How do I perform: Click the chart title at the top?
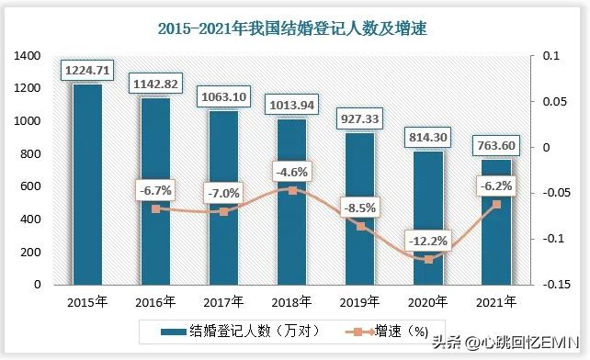[293, 28]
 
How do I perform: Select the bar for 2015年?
[87, 184]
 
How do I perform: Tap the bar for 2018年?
[292, 202]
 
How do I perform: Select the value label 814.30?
[429, 137]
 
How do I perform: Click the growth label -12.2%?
[429, 242]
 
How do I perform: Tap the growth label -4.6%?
[292, 172]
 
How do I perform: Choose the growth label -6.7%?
[156, 190]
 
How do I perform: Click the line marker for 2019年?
[361, 226]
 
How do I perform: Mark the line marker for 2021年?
[497, 205]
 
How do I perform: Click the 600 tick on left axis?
[32, 186]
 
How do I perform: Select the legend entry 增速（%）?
[386, 331]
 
